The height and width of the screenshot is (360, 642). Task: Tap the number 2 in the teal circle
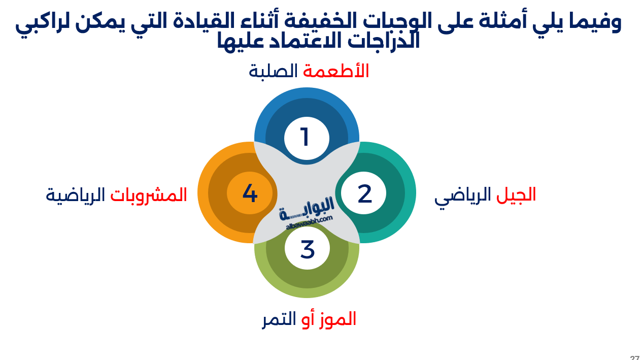point(364,194)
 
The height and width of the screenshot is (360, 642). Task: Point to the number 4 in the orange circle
point(250,193)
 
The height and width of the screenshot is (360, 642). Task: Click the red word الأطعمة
point(336,71)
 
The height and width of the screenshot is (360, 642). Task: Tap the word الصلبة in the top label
point(273,71)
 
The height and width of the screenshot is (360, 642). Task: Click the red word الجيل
point(516,195)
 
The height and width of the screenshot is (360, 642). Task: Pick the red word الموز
point(336,319)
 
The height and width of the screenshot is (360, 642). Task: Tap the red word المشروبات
point(149,195)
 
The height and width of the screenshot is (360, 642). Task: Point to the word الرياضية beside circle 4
point(75,195)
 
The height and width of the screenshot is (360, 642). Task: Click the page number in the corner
point(634,357)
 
